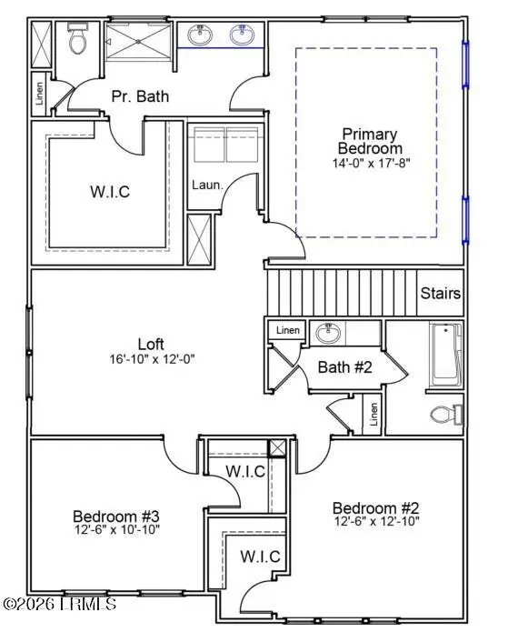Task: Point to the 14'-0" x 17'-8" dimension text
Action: pyautogui.click(x=369, y=165)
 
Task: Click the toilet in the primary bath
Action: pyautogui.click(x=77, y=39)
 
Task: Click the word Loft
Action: pyautogui.click(x=151, y=345)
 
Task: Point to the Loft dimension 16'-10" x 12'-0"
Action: pyautogui.click(x=151, y=358)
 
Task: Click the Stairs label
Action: pyautogui.click(x=440, y=294)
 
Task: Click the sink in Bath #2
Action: pyautogui.click(x=328, y=334)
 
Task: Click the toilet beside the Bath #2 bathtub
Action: pyautogui.click(x=442, y=415)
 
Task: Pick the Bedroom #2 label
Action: pyautogui.click(x=374, y=507)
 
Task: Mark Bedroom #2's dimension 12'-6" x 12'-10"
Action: pyautogui.click(x=374, y=522)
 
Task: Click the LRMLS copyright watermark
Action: pyautogui.click(x=59, y=603)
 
